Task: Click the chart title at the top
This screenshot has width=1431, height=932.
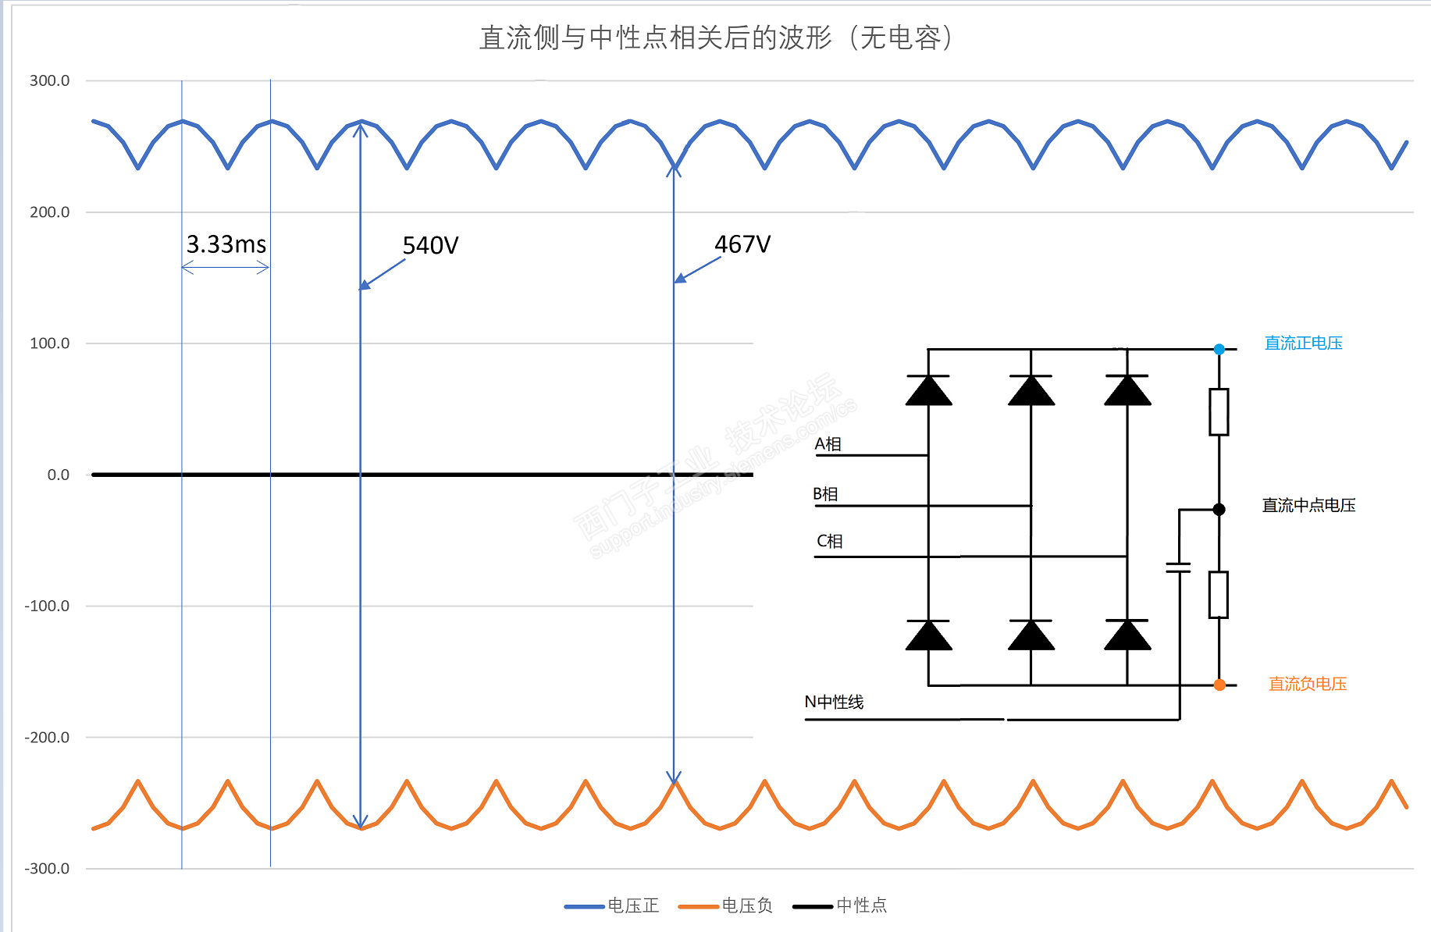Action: click(x=715, y=37)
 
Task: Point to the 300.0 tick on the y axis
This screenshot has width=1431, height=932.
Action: click(x=49, y=80)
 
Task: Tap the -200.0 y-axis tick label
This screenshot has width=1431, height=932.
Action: click(x=47, y=737)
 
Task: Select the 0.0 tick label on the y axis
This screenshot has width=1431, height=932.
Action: click(x=58, y=475)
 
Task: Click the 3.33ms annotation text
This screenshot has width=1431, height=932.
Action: click(x=226, y=244)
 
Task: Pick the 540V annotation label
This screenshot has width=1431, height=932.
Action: click(x=430, y=246)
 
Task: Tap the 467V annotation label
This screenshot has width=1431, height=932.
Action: click(x=742, y=244)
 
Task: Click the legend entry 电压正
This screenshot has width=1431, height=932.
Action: click(x=633, y=905)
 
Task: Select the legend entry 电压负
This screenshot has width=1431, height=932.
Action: click(x=747, y=905)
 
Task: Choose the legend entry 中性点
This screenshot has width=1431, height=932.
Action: click(x=861, y=905)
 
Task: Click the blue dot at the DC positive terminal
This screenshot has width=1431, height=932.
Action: click(x=1219, y=349)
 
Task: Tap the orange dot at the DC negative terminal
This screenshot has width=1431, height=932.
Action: click(x=1219, y=685)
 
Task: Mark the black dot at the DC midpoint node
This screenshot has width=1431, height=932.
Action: click(x=1219, y=510)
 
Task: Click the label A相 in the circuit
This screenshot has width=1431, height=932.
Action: click(x=828, y=444)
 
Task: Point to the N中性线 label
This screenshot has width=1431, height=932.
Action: click(x=834, y=702)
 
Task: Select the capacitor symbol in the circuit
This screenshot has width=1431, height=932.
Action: click(x=1179, y=567)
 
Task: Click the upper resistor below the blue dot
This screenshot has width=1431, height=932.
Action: click(x=1219, y=411)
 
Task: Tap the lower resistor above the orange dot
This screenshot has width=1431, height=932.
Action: click(x=1219, y=595)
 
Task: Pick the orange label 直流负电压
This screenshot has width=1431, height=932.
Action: click(x=1308, y=684)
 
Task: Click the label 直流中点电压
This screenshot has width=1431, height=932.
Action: click(x=1308, y=505)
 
